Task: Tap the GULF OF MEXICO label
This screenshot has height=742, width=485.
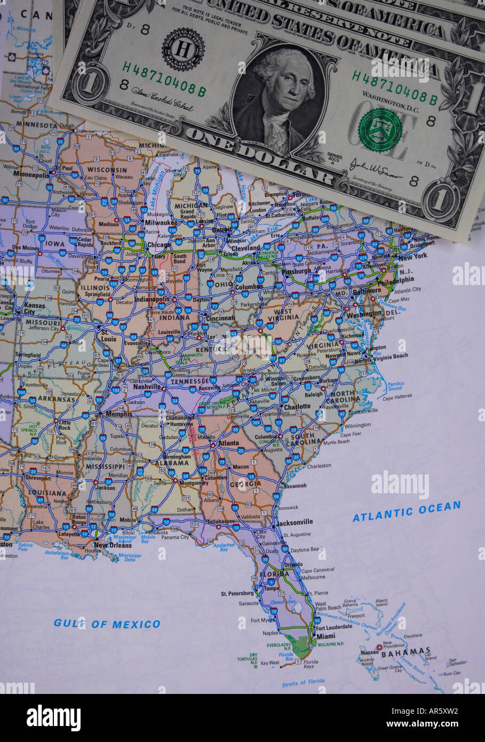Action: click(107, 623)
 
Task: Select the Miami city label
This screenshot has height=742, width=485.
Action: click(325, 636)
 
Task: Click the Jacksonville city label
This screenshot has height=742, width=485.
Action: click(295, 522)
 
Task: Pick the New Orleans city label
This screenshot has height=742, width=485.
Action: click(112, 546)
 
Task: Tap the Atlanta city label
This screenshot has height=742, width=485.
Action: click(228, 443)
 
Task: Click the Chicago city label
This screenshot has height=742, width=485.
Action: click(159, 245)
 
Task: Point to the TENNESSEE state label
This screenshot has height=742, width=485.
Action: click(189, 381)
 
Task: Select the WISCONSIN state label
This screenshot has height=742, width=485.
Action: click(107, 170)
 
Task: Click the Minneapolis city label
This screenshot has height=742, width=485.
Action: click(31, 175)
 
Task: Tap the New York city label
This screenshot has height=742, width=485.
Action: click(413, 256)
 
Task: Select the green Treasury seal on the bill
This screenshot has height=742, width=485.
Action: click(380, 129)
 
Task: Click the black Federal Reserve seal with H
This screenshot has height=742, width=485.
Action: click(183, 49)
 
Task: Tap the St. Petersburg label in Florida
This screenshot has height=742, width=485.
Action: click(237, 593)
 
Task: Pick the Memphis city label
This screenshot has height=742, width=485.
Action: click(118, 414)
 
